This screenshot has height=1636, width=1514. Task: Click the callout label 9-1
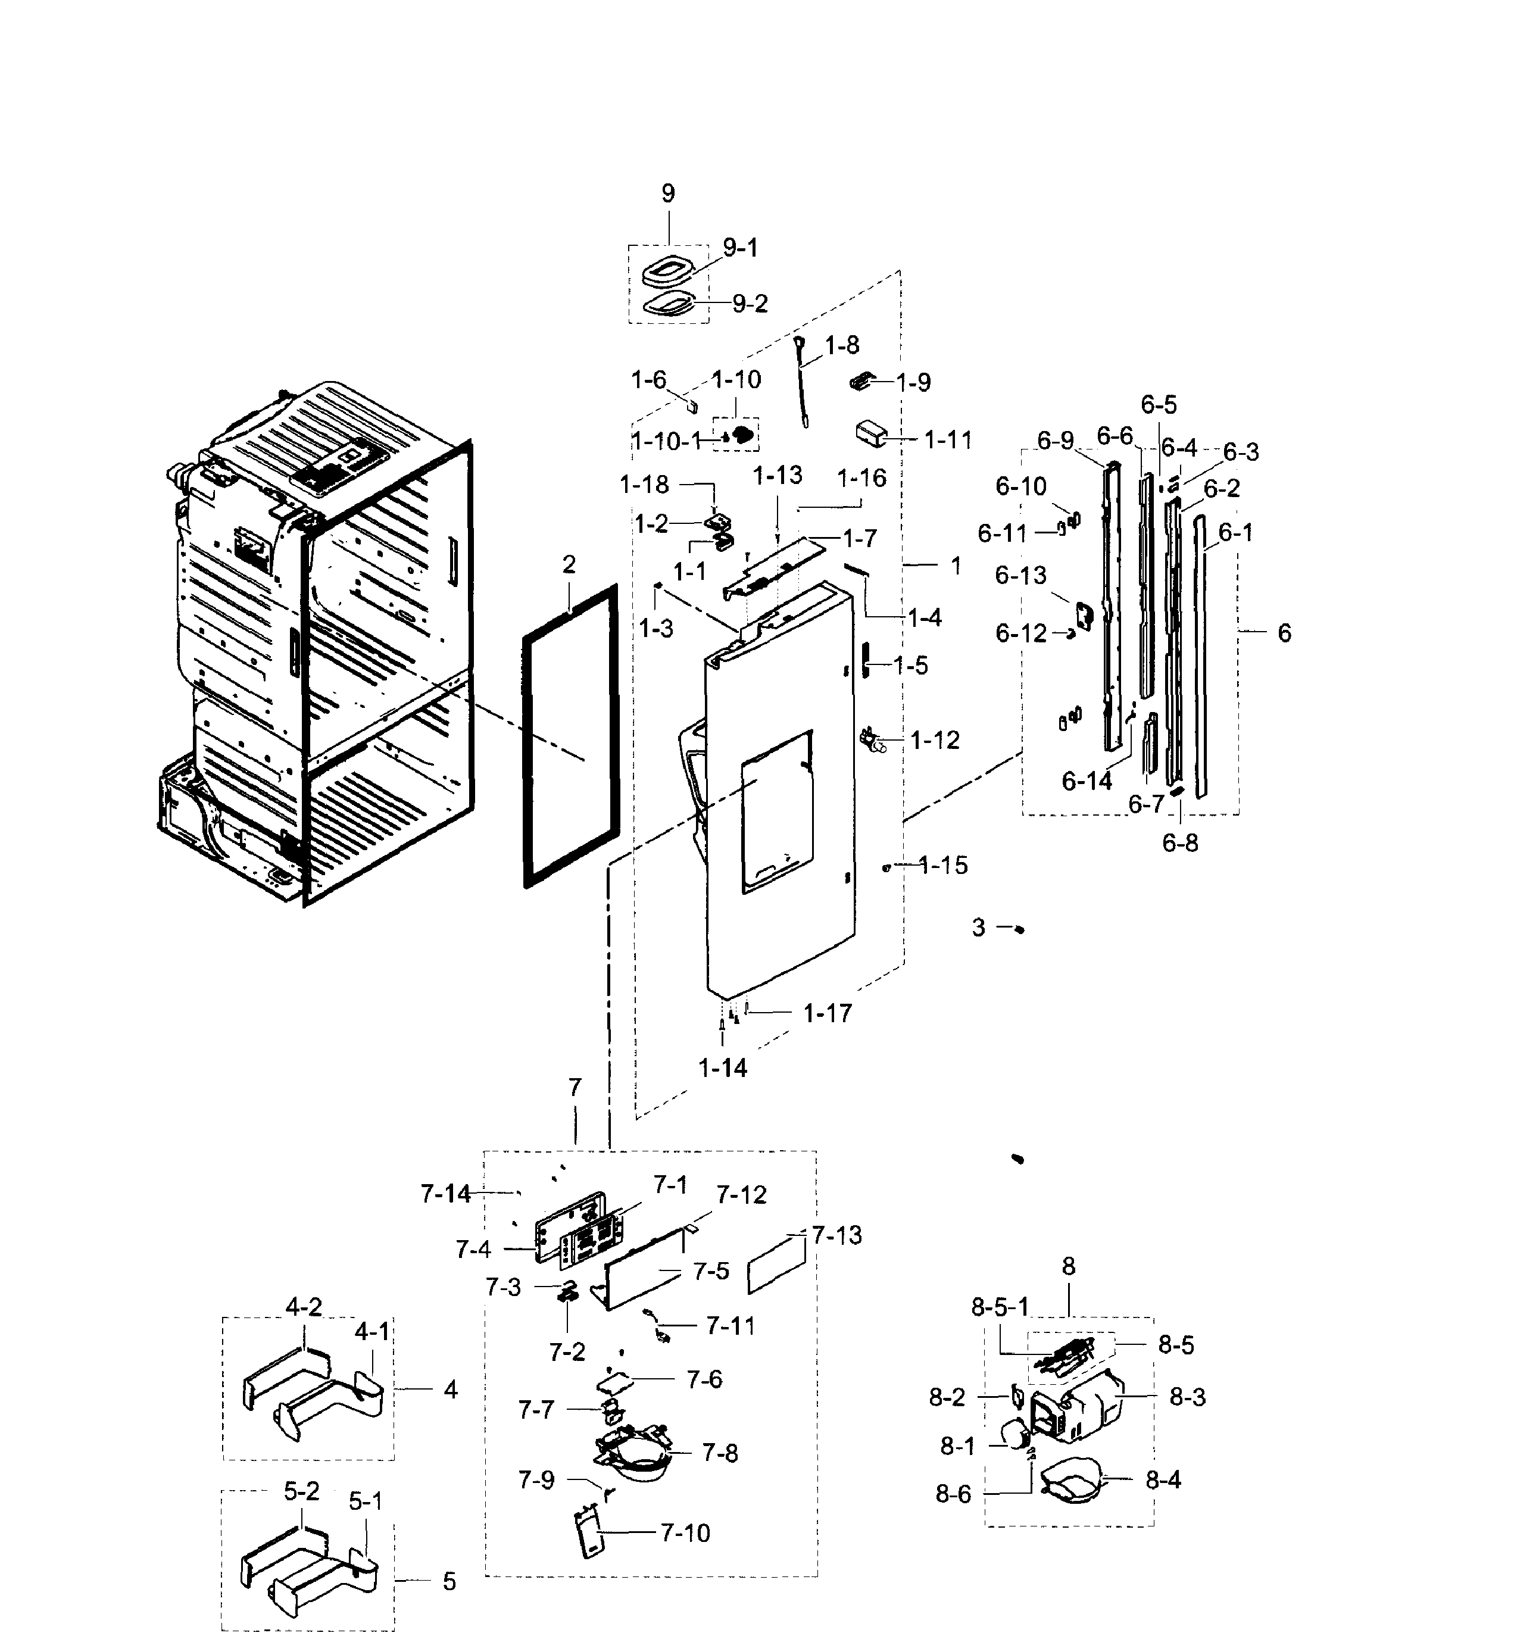(x=740, y=248)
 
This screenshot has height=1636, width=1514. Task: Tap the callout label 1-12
(x=935, y=741)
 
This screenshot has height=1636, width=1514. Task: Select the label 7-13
(x=836, y=1235)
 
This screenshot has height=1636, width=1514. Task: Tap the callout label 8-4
(x=1163, y=1481)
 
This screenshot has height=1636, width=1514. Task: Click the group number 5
(x=449, y=1582)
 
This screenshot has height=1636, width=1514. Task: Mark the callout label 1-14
(x=723, y=1068)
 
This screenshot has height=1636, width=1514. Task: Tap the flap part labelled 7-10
(x=590, y=1534)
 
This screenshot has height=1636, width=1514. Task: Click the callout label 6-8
(x=1180, y=843)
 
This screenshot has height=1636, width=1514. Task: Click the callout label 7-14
(x=446, y=1194)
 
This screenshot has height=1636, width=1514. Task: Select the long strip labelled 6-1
(x=1200, y=655)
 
